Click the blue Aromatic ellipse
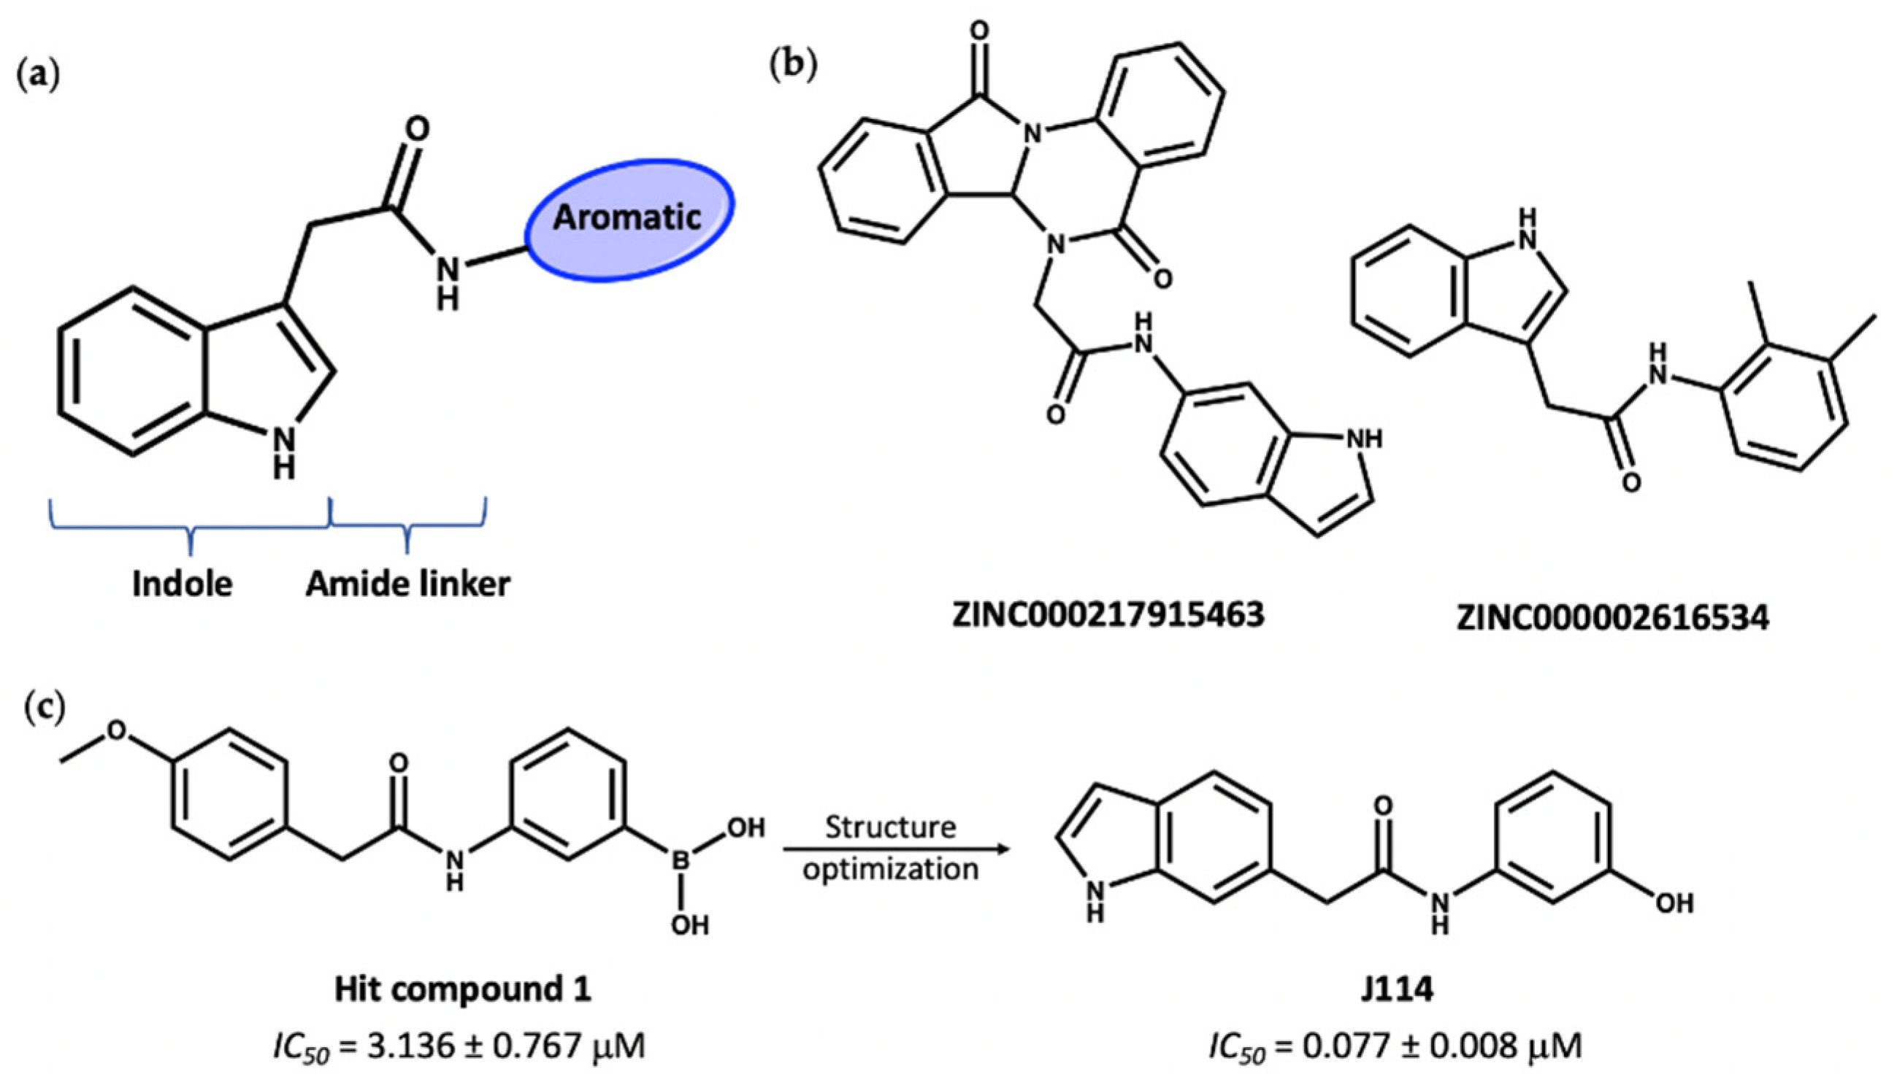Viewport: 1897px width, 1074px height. [629, 219]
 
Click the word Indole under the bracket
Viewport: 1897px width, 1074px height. [183, 584]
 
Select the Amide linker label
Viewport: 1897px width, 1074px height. [408, 584]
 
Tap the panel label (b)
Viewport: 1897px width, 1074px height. [794, 66]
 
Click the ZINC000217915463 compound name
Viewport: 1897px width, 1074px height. [1107, 614]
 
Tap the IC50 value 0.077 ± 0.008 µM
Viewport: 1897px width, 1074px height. [1395, 1046]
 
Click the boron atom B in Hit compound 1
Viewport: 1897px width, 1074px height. [681, 860]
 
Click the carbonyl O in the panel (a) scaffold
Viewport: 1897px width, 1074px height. [417, 130]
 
